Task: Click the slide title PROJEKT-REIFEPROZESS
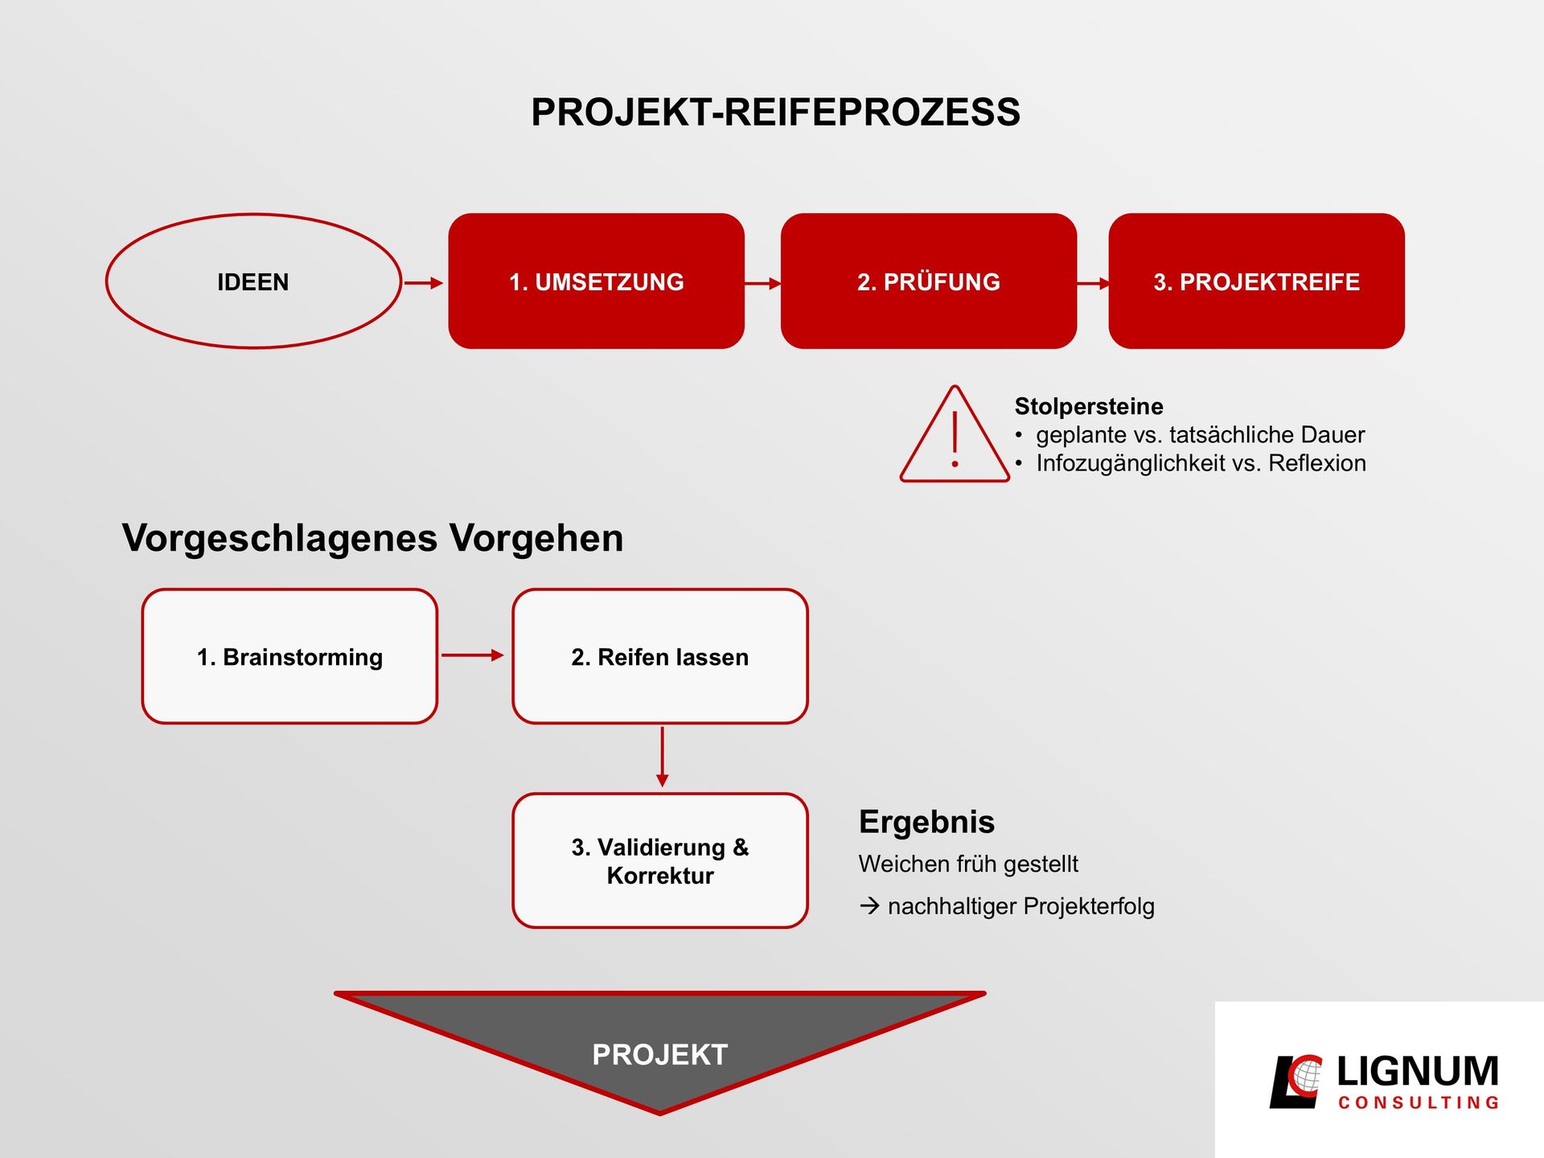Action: point(775,112)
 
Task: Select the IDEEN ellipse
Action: point(253,281)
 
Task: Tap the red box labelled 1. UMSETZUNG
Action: point(596,281)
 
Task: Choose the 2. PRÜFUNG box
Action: point(929,281)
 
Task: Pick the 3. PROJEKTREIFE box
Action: point(1256,281)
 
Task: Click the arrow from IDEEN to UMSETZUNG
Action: point(424,283)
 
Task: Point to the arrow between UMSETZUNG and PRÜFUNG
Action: point(763,283)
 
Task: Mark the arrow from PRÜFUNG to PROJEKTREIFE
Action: point(1094,283)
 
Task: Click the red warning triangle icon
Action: point(955,434)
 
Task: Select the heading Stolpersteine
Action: point(1089,406)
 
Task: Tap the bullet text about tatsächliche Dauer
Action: point(1200,435)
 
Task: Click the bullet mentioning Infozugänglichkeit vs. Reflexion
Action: point(1201,463)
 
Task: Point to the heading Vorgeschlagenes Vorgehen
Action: point(372,538)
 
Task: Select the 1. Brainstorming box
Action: point(289,656)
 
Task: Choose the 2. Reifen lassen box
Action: point(660,656)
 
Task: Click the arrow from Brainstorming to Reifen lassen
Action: point(473,655)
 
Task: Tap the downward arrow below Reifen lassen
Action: point(662,757)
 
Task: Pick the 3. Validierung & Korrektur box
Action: point(660,860)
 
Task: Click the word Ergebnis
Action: point(926,822)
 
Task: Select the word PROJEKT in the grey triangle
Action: point(660,1054)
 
